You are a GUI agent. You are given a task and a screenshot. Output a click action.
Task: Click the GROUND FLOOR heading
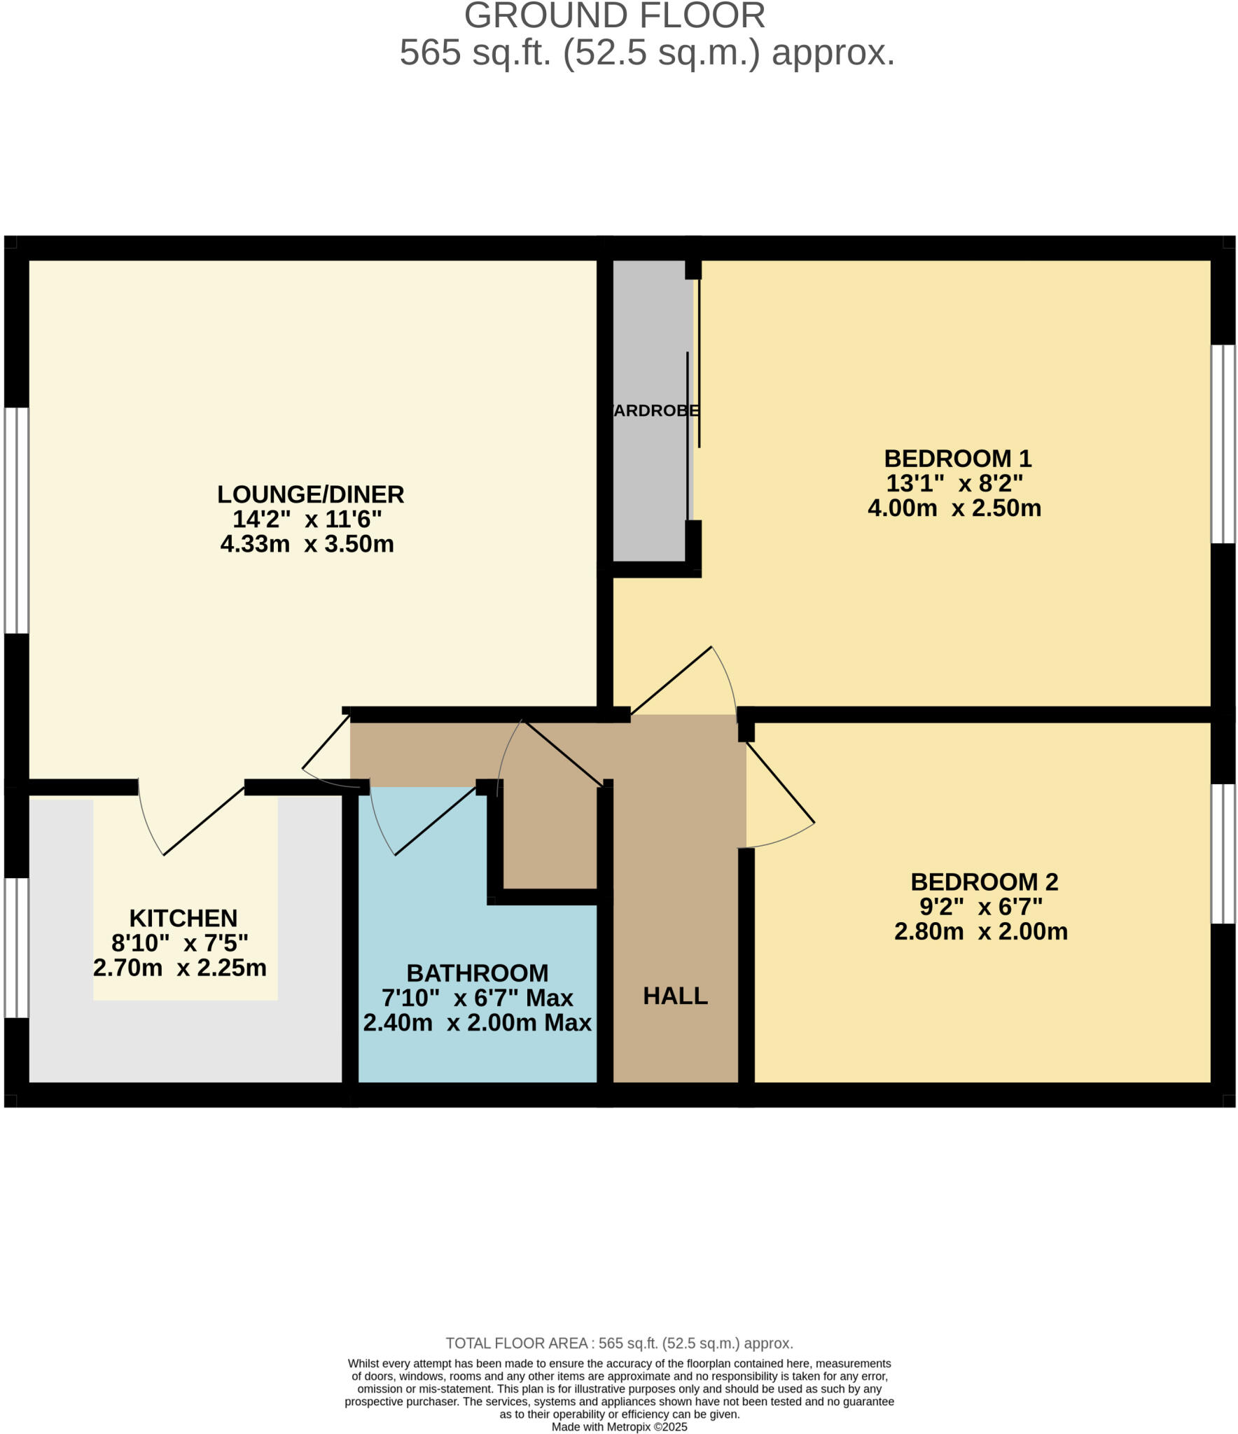point(614,15)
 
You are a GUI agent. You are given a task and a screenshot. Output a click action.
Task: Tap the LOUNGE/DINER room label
point(310,494)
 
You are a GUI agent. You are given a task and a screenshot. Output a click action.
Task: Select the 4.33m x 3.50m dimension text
point(307,543)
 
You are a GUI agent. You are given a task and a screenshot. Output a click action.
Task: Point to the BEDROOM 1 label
point(957,459)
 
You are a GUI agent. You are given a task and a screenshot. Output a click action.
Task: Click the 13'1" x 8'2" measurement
point(954,483)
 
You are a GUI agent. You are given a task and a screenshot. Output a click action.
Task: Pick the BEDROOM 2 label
point(984,882)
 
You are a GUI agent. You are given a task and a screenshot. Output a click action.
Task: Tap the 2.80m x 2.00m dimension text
point(980,931)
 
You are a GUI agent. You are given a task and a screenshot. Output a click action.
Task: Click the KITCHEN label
point(183,918)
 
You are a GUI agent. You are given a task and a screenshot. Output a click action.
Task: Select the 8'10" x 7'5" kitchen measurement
point(180,943)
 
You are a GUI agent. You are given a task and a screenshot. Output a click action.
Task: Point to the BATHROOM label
point(478,973)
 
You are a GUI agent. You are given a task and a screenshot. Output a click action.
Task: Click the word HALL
point(675,996)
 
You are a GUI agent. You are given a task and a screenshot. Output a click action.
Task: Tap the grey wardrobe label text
point(655,411)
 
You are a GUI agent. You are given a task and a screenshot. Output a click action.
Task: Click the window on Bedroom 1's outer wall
point(1223,444)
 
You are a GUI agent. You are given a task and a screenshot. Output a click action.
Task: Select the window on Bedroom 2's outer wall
point(1223,854)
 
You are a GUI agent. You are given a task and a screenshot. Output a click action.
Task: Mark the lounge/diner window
point(16,520)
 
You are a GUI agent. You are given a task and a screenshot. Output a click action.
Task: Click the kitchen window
point(16,947)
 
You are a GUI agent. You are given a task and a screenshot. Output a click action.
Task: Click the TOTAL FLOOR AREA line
point(619,1343)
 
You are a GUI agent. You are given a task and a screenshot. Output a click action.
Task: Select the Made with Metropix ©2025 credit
point(619,1426)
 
